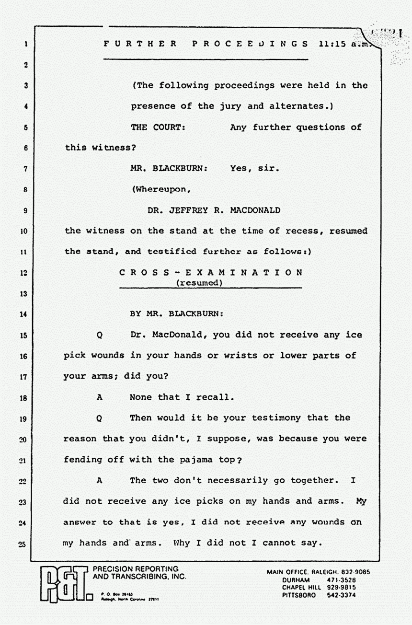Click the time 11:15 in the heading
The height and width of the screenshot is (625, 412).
tap(331, 44)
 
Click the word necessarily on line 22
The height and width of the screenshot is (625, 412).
tap(226, 480)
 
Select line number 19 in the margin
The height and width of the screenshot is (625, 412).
tap(23, 418)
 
